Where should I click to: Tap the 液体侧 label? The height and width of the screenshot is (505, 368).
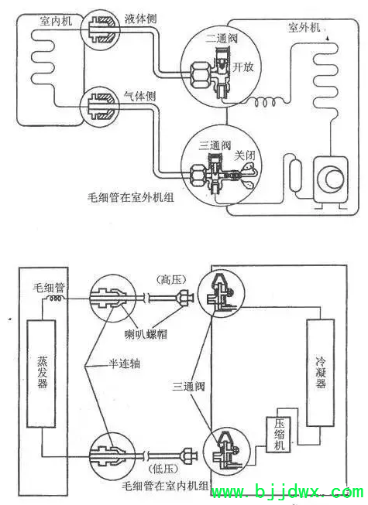141,19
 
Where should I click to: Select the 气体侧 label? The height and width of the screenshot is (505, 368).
140,96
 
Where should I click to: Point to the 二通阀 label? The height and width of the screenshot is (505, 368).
222,39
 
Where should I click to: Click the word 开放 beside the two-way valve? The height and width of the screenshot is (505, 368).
243,67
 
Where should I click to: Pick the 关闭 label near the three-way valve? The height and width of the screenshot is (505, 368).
245,155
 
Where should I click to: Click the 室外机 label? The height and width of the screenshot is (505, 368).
304,27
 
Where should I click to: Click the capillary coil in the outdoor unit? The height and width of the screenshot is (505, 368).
265,102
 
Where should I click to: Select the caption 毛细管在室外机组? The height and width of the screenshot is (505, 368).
131,196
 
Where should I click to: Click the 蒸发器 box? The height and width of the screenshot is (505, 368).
41,374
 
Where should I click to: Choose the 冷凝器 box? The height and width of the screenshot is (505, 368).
320,372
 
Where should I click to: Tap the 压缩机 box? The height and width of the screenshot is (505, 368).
278,435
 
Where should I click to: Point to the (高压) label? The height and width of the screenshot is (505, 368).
171,279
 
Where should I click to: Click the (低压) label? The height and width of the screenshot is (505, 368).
163,469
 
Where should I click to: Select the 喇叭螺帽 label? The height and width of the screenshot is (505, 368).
146,334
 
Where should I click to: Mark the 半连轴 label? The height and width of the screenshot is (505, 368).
124,364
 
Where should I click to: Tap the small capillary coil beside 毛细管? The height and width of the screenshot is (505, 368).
55,299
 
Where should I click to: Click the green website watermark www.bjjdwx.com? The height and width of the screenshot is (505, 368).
287,492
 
